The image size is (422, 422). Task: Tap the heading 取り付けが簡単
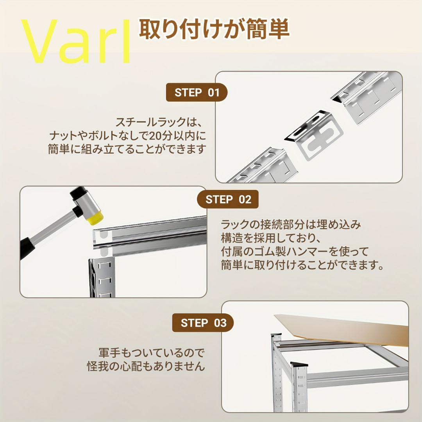(x=214, y=29)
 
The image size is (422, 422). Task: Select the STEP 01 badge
(x=197, y=93)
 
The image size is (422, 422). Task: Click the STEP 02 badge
(x=228, y=199)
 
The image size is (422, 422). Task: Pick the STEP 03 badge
(x=203, y=323)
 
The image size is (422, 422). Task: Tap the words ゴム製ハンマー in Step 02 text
(x=291, y=252)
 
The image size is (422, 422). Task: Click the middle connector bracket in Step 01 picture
(x=313, y=134)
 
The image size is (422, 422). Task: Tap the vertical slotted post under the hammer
(x=102, y=277)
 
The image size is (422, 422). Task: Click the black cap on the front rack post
(x=299, y=364)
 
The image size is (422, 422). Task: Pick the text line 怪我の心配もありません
(x=146, y=366)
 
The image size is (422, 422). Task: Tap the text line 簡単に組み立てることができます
(x=127, y=149)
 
